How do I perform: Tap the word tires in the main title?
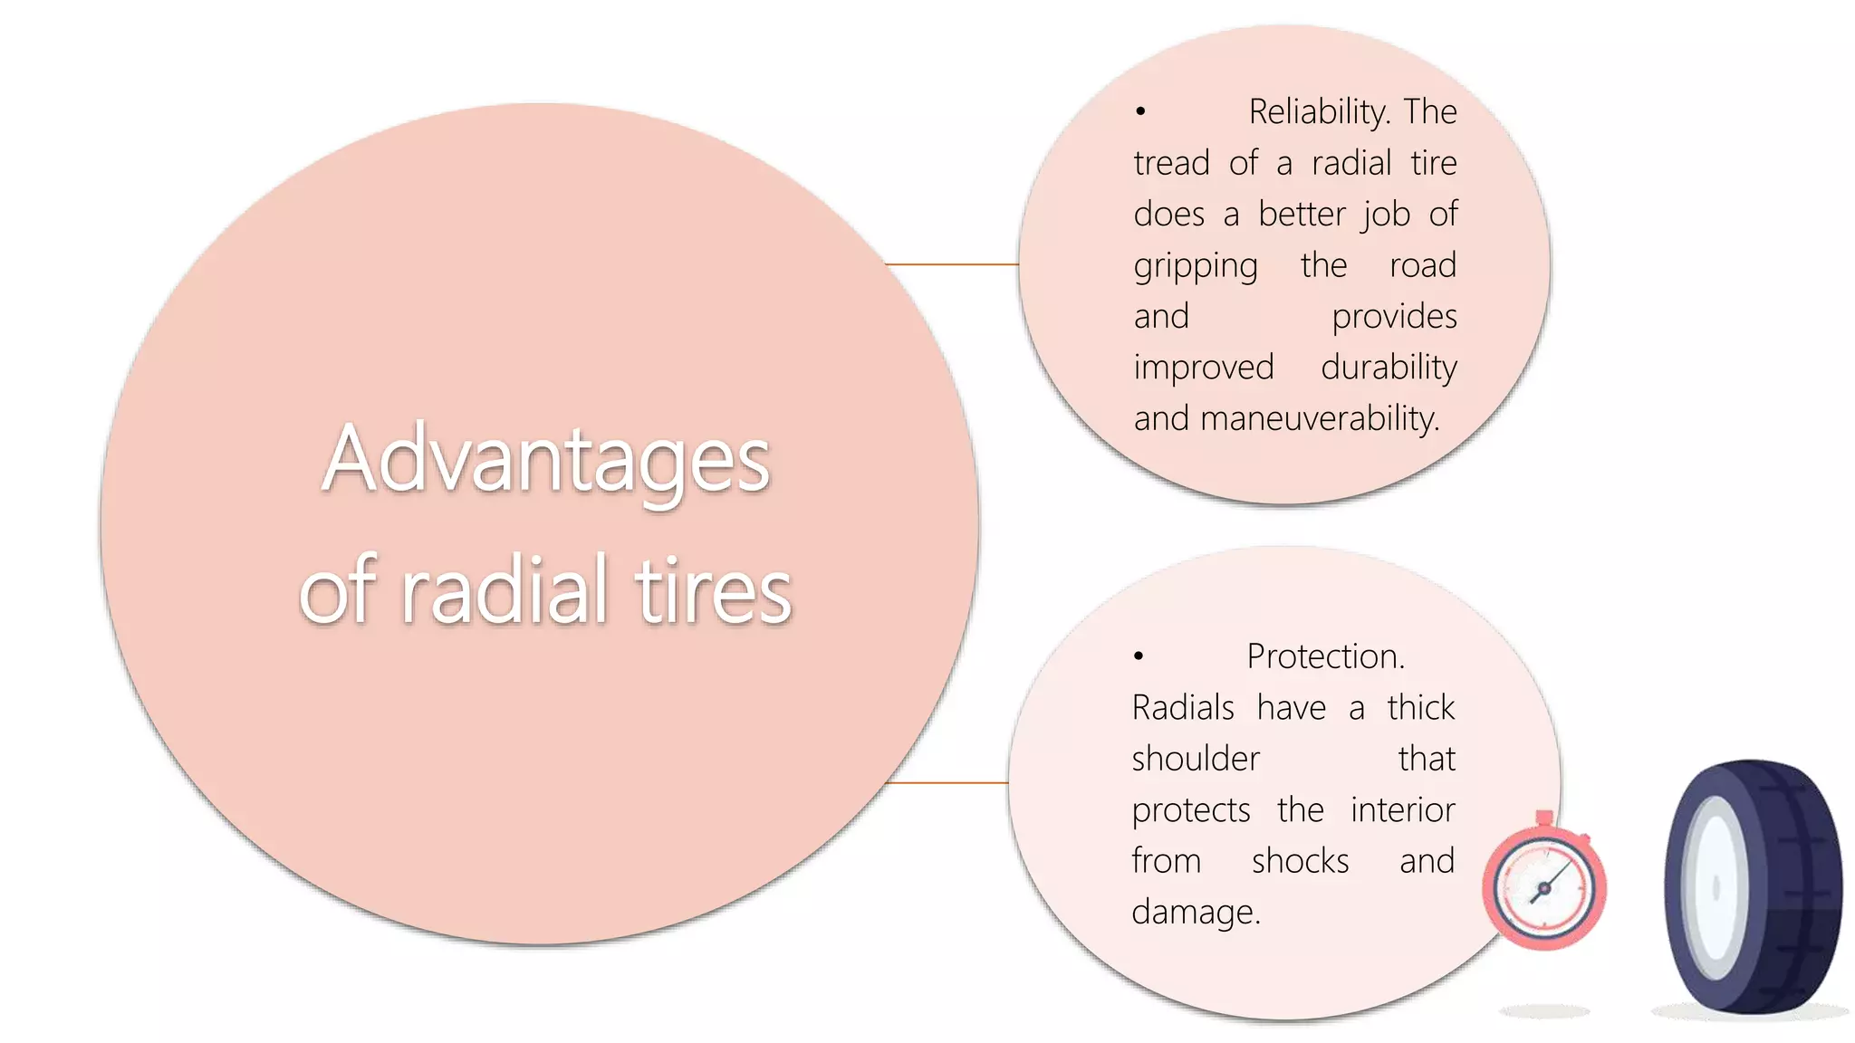pos(713,591)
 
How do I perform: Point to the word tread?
pos(1171,164)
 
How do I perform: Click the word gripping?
pos(1196,266)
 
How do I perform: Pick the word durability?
pos(1389,368)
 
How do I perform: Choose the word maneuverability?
pos(1319,418)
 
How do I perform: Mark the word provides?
pos(1394,317)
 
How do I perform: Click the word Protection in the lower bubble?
pos(1324,656)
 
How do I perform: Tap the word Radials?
pos(1183,708)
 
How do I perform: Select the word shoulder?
pos(1196,759)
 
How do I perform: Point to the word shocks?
pos(1300,861)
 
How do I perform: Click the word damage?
pos(1195,913)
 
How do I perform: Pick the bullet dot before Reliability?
pos(1140,112)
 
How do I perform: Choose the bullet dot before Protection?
pos(1139,656)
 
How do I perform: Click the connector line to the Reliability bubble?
pos(951,264)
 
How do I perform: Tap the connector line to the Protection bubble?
pos(947,782)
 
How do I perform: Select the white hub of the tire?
pos(1715,887)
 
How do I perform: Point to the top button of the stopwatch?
pos(1544,818)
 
